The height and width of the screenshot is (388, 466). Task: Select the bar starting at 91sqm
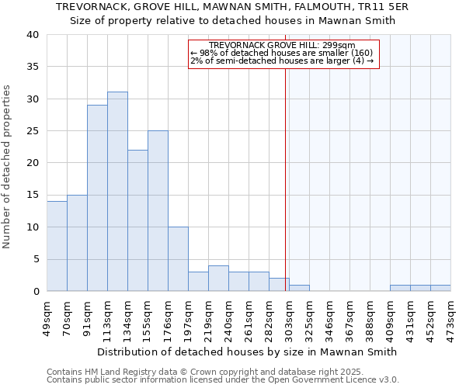point(97,198)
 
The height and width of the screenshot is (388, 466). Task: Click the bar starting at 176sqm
point(178,259)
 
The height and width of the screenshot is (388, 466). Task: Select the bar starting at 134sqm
point(137,220)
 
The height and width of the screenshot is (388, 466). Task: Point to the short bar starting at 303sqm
point(299,288)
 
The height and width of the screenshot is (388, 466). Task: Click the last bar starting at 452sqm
point(440,288)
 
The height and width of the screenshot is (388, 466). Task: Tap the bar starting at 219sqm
point(218,279)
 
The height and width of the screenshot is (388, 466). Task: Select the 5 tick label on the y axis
point(36,259)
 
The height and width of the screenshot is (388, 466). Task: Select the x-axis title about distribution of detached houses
point(249,352)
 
